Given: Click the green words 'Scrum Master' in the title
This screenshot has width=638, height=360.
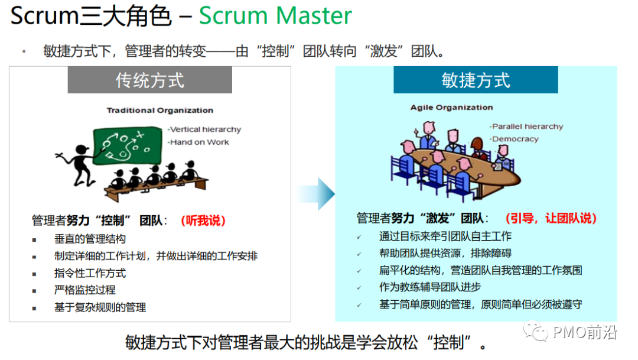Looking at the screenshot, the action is coord(275,16).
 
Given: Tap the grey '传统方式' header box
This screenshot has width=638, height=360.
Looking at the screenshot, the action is coord(150,80).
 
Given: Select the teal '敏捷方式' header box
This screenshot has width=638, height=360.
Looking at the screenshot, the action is coord(476,80).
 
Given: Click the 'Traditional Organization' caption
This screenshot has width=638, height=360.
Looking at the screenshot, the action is coord(159,110).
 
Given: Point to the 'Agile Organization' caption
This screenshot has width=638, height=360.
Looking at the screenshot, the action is coord(451,108).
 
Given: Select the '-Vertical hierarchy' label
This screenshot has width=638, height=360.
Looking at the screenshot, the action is coord(204,129).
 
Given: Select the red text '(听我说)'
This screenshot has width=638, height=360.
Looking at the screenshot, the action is coord(203,220).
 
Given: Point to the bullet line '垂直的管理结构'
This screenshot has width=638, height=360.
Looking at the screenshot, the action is coord(90,239).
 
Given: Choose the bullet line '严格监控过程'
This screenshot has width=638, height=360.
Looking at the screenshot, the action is coord(84,290).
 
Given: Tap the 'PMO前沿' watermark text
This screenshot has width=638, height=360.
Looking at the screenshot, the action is coord(585,333).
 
